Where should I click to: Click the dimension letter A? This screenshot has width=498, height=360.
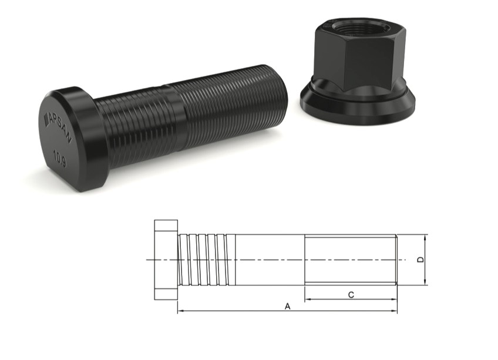287,306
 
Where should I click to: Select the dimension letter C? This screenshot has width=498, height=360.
351,295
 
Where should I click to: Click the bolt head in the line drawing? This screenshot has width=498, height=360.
166,260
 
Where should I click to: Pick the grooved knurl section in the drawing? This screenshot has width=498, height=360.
206,260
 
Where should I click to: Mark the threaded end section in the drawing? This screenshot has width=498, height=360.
351,260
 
